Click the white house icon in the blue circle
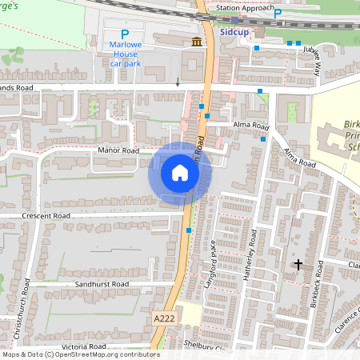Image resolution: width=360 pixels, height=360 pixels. click(180, 173)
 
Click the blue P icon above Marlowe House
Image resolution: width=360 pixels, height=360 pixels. click(124, 35)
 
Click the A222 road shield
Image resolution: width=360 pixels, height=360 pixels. click(163, 318)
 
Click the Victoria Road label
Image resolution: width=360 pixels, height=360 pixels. click(83, 346)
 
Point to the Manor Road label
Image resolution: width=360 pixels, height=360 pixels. click(118, 150)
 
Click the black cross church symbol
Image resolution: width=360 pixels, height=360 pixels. click(298, 263)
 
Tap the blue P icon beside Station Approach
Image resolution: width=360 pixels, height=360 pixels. click(278, 14)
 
